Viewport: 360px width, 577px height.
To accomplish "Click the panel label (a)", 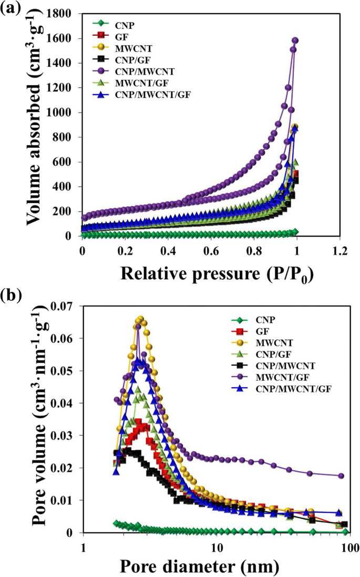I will tap(12, 9).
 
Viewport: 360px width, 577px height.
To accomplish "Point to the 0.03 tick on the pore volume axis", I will tap(64, 436).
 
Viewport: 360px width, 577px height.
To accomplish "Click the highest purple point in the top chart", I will tap(295, 41).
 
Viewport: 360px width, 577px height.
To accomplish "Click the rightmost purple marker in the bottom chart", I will tap(341, 475).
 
